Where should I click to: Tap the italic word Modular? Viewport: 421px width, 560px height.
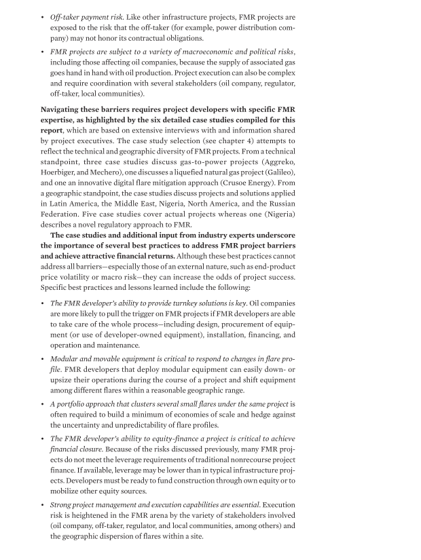point(67,366)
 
